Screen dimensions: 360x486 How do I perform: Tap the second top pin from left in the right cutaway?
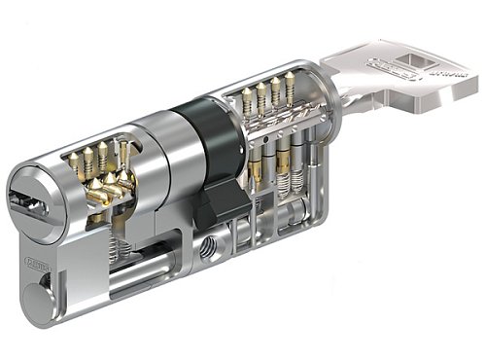click(260, 95)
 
